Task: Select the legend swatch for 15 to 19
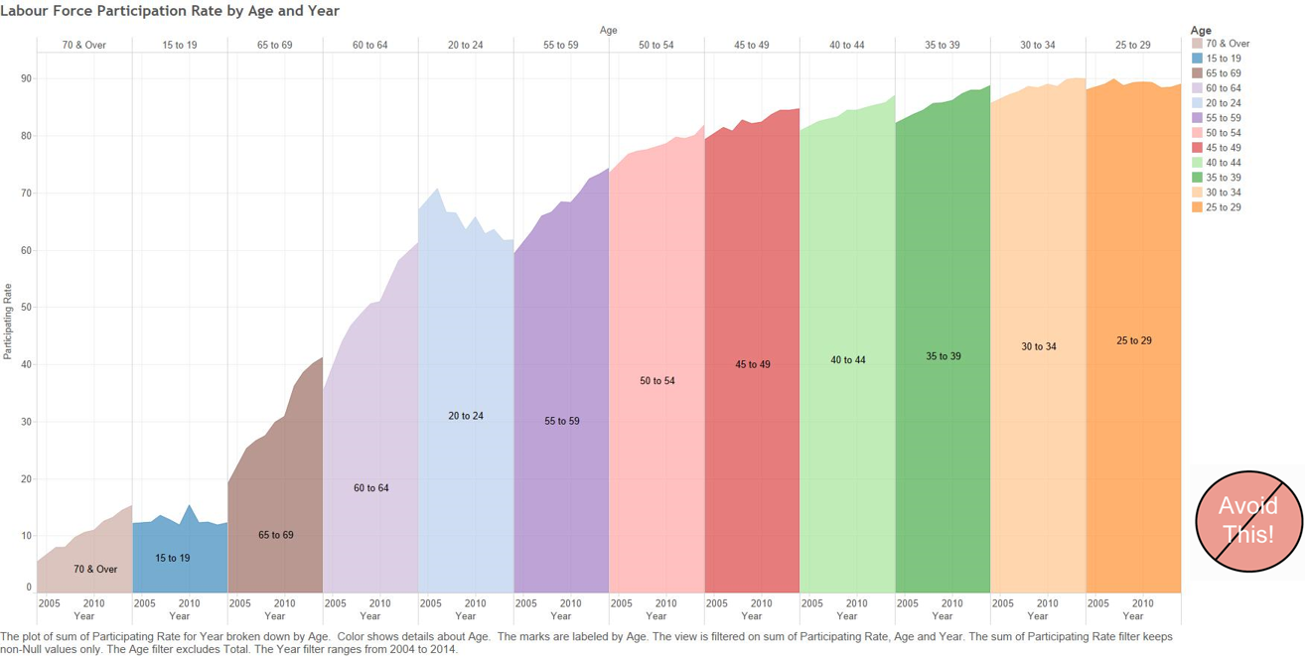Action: coord(1197,59)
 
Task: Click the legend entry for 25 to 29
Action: coord(1223,207)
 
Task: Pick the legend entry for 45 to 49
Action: coord(1223,148)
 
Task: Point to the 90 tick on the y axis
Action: coord(26,79)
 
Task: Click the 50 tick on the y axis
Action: coord(26,308)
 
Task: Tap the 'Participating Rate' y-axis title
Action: coord(8,322)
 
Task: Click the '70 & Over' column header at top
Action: coord(83,45)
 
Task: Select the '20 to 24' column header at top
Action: coord(465,45)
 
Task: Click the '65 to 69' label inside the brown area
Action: coord(275,535)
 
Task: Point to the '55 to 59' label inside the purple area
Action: coord(561,421)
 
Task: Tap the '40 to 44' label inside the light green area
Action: coord(847,360)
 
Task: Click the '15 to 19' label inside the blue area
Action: coord(172,558)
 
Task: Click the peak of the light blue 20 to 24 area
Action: coord(437,189)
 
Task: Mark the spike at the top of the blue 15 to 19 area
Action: coord(189,505)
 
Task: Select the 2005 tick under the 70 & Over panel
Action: coord(49,602)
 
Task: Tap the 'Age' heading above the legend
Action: coord(1201,31)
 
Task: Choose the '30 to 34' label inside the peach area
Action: coord(1038,346)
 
